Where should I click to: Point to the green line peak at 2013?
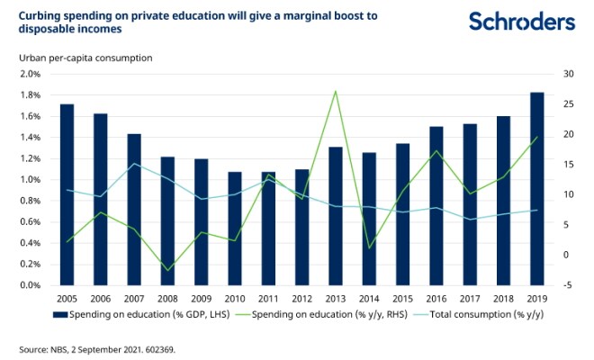335,91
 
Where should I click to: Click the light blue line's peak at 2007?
134,164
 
